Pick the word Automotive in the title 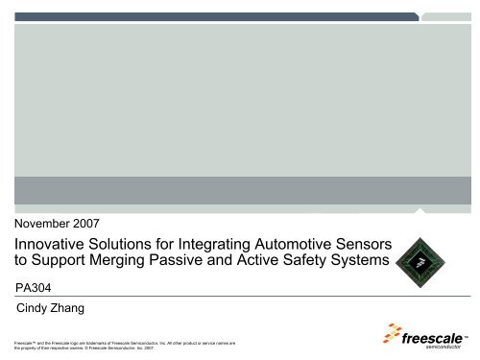pos(316,248)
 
